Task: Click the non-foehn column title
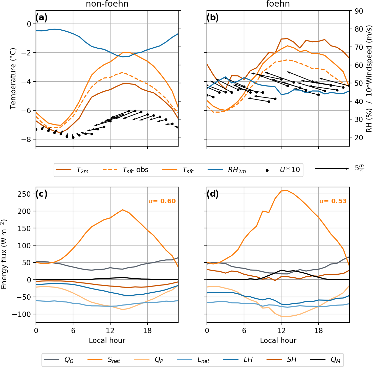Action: pyautogui.click(x=107, y=4)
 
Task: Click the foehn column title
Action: pyautogui.click(x=278, y=4)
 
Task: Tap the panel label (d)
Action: pyautogui.click(x=212, y=194)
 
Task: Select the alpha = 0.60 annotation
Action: pyautogui.click(x=162, y=201)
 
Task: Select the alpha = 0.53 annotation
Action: pyautogui.click(x=333, y=201)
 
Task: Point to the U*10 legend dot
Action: pyautogui.click(x=267, y=170)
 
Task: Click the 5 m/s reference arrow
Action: pyautogui.click(x=332, y=169)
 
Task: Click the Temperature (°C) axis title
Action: pyautogui.click(x=13, y=78)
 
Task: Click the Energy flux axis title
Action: pyautogui.click(x=4, y=254)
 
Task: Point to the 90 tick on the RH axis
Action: pyautogui.click(x=359, y=11)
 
